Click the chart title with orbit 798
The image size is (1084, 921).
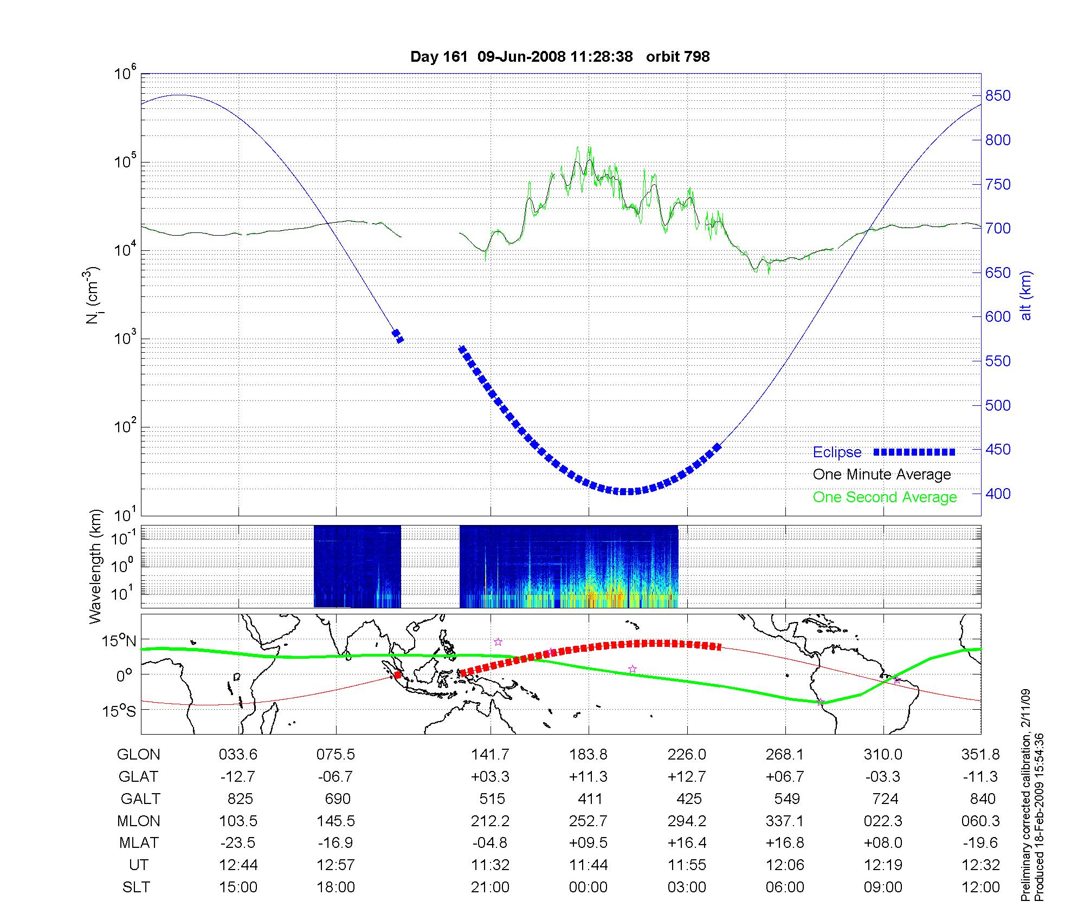coord(560,57)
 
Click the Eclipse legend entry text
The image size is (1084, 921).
coord(837,452)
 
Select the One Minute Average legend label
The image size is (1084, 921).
coord(882,475)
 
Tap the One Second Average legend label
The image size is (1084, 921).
coord(885,497)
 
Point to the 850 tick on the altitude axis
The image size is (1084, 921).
coord(998,96)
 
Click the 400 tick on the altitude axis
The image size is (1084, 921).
coord(998,494)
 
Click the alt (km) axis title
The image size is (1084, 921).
coord(1026,295)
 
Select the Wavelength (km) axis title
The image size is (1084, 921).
coord(95,567)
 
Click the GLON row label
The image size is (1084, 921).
coord(139,754)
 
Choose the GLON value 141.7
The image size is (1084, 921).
coord(491,754)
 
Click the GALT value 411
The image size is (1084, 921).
coord(590,799)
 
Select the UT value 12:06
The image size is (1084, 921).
coord(785,865)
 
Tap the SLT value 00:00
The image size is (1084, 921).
coord(589,887)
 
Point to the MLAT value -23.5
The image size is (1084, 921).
coord(238,843)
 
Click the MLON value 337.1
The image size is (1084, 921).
coord(785,821)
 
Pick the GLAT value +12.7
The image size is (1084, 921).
coord(687,776)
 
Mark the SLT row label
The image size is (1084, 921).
coord(136,887)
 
